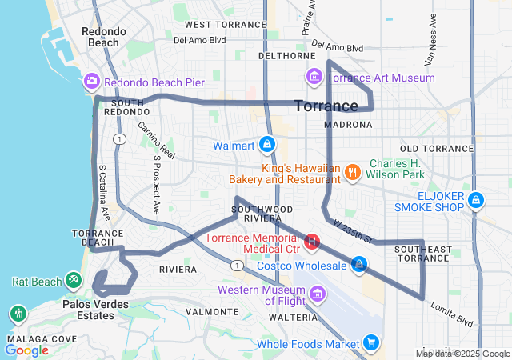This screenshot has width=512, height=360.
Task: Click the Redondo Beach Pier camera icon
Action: coord(91,82)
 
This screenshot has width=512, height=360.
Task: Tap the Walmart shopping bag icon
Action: coord(266,146)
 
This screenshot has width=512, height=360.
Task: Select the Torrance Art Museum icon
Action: coord(314,78)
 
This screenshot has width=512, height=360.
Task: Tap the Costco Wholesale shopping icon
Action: coord(359,264)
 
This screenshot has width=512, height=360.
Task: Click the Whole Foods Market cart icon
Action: coord(370,344)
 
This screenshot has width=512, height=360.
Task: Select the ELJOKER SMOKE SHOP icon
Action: coord(476,199)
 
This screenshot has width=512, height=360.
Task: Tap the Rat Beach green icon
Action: coord(74,281)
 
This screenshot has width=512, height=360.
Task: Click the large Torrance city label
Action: coord(326,106)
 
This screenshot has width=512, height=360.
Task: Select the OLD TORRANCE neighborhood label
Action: coord(437,149)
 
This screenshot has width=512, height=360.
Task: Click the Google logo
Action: coord(27,350)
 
